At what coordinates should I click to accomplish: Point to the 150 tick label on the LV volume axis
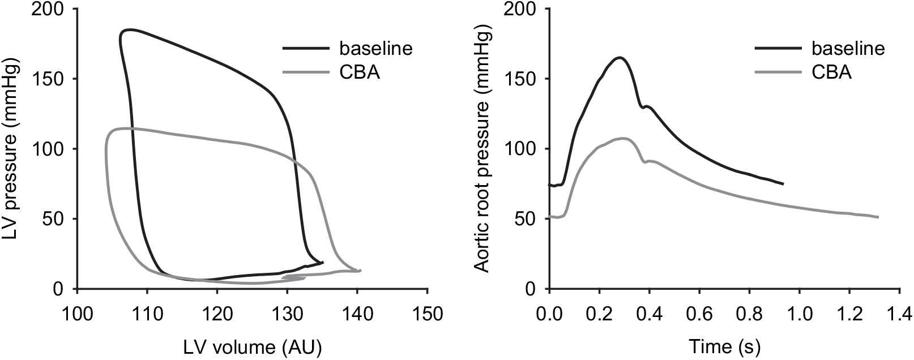pos(427,313)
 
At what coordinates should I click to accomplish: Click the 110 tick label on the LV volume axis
pos(147,313)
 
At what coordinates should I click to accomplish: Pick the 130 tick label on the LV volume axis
pos(287,313)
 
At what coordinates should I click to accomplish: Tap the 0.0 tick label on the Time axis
pos(549,313)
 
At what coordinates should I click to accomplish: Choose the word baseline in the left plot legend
pos(375,48)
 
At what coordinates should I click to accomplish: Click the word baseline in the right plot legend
pos(847,48)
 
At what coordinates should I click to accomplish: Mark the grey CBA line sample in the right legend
pos(778,72)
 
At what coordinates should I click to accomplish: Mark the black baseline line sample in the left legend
pos(306,48)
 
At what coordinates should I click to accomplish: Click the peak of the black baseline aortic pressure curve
pos(620,57)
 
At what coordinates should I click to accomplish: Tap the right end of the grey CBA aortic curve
pos(878,217)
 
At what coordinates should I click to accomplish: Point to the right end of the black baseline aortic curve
pos(783,184)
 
